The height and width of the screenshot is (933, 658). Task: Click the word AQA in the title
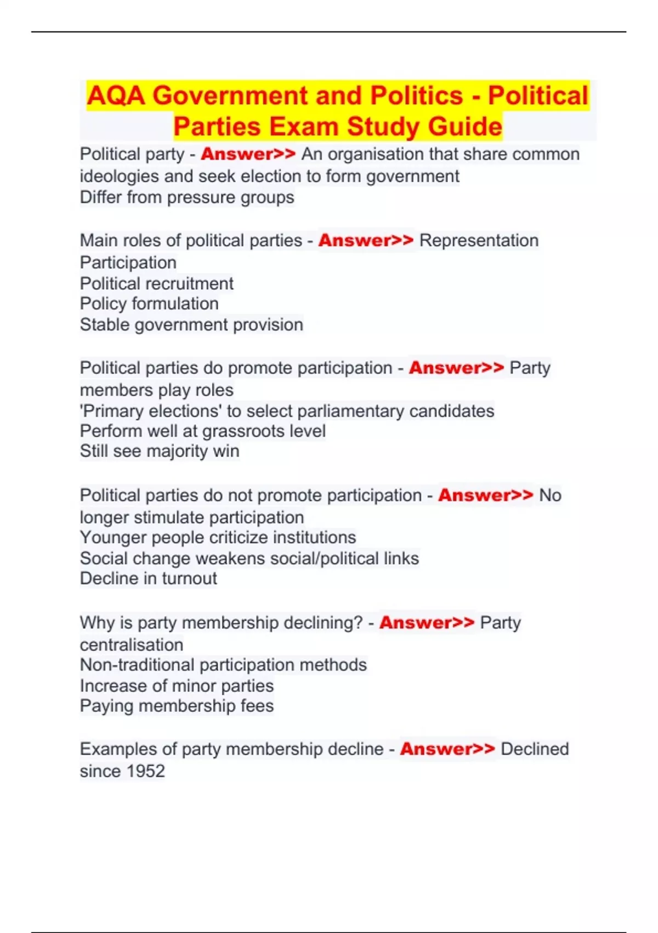(116, 95)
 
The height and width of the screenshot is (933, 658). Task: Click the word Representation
(479, 240)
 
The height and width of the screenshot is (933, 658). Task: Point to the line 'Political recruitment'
(157, 283)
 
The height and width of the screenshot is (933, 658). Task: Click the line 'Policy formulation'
(149, 303)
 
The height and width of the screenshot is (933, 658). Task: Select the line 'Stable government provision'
(191, 324)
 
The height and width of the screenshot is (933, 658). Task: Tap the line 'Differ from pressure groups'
(187, 197)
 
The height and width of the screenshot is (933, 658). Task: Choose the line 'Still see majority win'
(160, 451)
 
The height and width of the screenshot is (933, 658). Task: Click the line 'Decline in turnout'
(149, 578)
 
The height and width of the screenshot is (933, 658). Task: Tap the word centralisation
(132, 644)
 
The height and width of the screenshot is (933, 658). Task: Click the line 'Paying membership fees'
(177, 705)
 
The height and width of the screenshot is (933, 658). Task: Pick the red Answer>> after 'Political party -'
(248, 154)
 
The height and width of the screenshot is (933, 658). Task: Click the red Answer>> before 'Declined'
(447, 749)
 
